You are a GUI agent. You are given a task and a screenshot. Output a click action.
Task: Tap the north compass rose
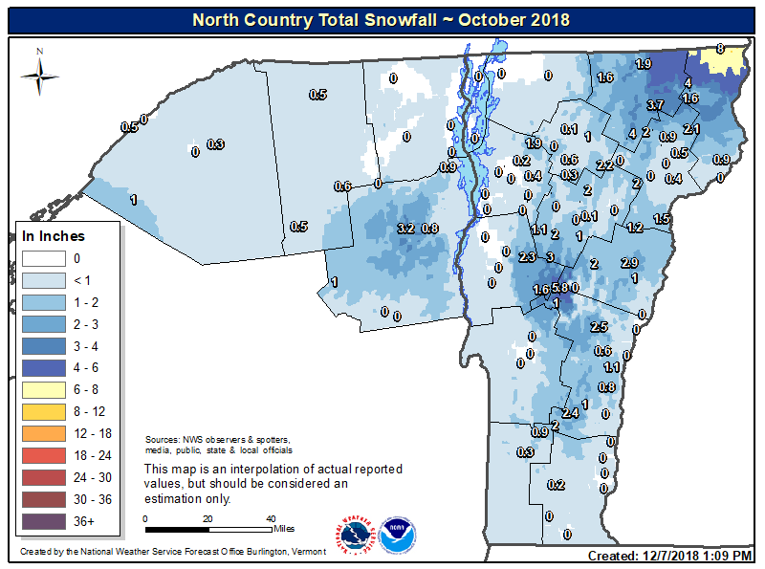coord(39,73)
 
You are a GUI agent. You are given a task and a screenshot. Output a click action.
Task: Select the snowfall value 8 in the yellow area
coord(719,49)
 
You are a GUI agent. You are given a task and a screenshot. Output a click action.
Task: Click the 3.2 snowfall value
coord(405,229)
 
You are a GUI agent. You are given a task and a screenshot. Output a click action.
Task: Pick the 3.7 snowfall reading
coord(655,104)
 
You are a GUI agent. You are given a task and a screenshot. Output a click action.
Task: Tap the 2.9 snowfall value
coord(628,263)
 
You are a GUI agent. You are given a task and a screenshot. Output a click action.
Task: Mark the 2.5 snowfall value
coord(600,327)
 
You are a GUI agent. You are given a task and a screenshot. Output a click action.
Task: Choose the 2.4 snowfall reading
coord(570,413)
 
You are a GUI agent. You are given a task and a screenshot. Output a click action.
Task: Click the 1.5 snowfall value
coord(661,219)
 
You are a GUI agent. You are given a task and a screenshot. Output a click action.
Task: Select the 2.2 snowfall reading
coord(604,165)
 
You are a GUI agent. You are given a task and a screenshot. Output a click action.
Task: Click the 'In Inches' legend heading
coord(54,236)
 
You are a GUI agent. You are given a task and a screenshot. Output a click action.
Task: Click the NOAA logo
coord(397,536)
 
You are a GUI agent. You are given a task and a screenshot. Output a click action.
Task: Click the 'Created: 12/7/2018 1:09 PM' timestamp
coord(670,556)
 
